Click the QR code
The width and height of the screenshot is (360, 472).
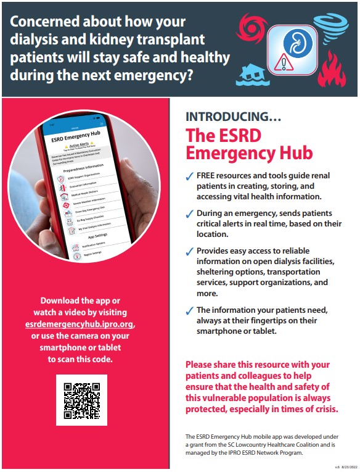[x=82, y=400]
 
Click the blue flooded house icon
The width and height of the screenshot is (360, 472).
[x=252, y=72]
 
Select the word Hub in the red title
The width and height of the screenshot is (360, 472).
[x=292, y=152]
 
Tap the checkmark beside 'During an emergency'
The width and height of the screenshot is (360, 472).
[x=190, y=214]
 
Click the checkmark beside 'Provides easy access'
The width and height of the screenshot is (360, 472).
[x=190, y=252]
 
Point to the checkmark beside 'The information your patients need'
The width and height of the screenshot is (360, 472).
[x=190, y=311]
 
